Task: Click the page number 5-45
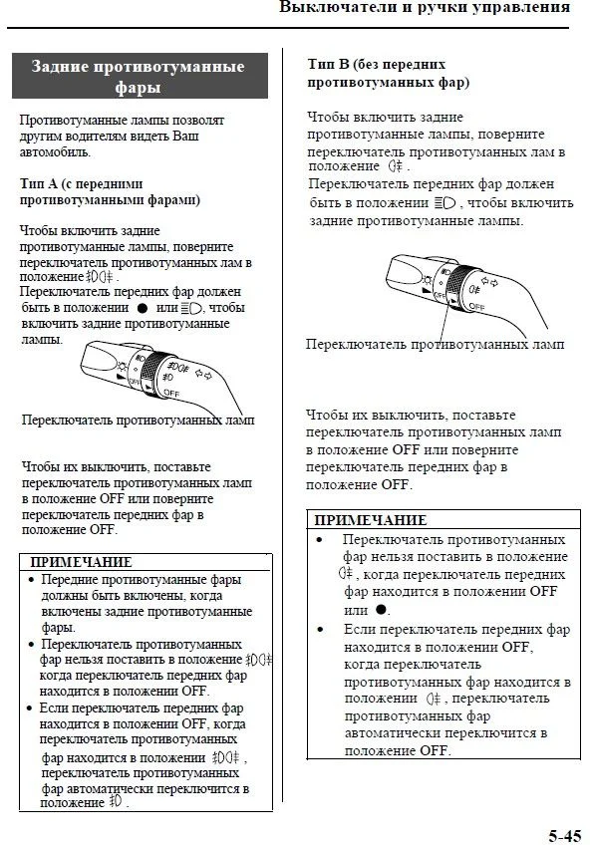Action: point(564,836)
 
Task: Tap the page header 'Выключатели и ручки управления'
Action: point(425,8)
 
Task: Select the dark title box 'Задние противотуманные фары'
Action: point(140,76)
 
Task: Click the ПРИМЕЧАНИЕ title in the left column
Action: point(81,562)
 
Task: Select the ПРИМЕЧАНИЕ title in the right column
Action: point(370,520)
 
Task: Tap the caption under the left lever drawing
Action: point(138,421)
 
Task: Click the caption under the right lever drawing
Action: point(436,345)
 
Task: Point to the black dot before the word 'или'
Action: point(143,309)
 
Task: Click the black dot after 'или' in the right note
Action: point(381,609)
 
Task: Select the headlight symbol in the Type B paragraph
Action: point(445,203)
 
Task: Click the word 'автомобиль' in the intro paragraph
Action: point(54,152)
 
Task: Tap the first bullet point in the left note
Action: point(31,580)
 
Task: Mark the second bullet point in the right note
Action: point(320,629)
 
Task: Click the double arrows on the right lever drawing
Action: point(489,283)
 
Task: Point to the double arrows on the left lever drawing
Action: point(203,374)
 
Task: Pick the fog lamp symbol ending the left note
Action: point(116,801)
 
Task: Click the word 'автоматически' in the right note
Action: point(393,733)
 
